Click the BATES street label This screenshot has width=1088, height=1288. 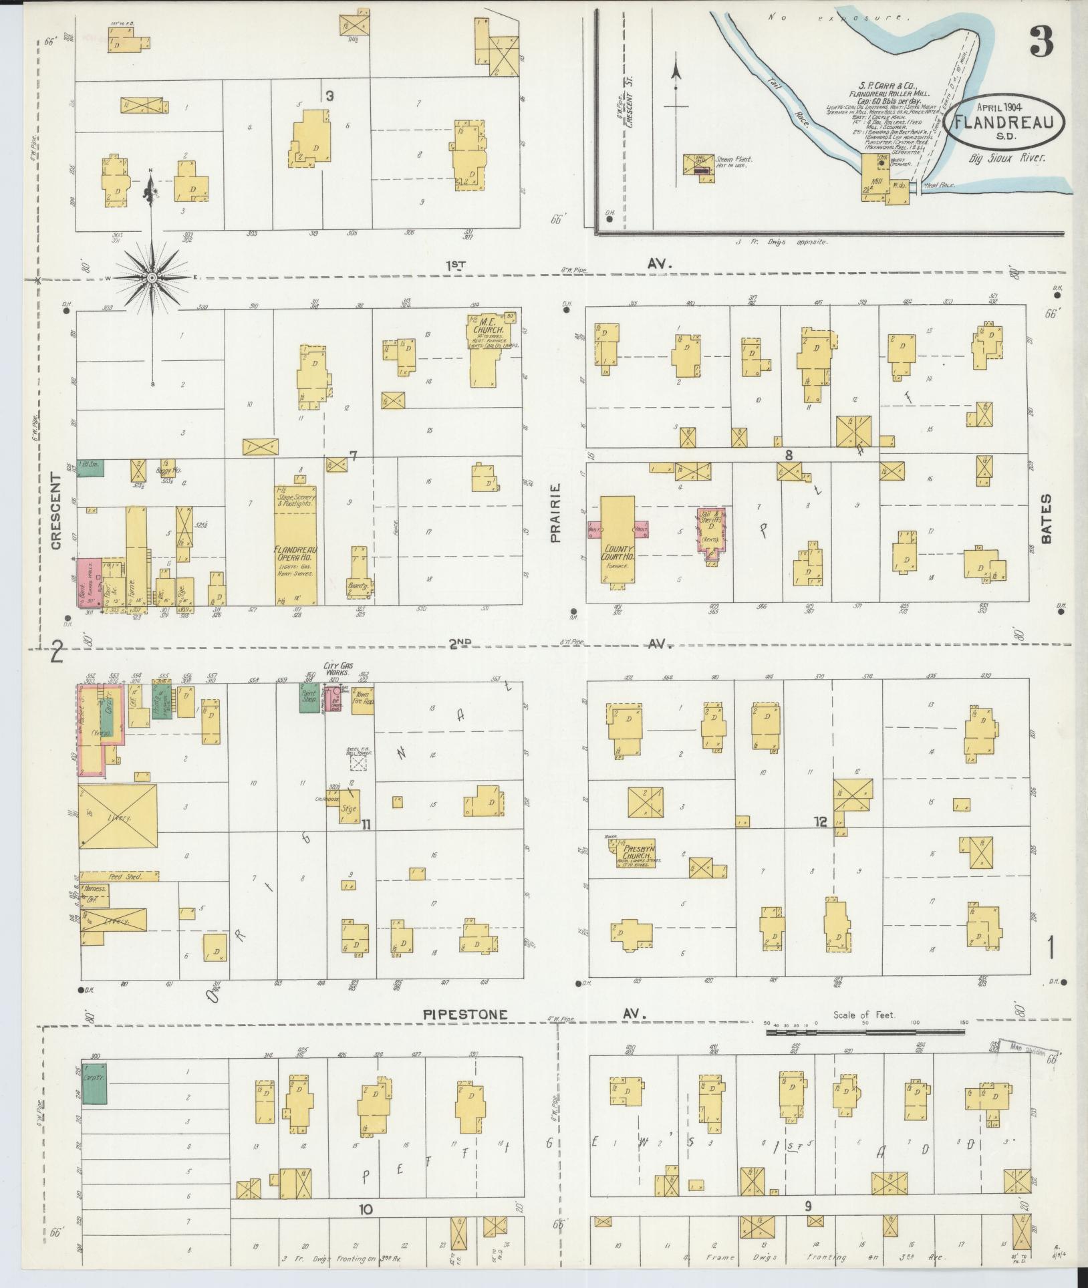1045,518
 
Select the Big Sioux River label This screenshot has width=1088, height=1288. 1007,158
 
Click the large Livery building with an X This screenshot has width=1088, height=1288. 118,817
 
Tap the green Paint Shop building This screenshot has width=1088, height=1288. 308,698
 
